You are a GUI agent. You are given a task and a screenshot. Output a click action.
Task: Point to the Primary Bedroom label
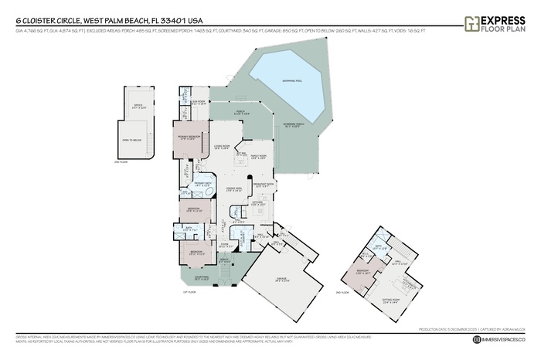189,137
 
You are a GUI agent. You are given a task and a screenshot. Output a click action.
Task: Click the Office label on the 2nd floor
138,108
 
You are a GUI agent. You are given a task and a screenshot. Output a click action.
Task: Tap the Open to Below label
131,140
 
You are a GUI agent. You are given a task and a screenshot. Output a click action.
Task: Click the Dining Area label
234,189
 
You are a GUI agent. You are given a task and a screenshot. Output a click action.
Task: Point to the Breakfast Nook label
264,185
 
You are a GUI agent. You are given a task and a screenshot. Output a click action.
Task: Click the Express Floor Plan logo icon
471,23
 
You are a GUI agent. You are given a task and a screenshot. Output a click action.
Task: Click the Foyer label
224,246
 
